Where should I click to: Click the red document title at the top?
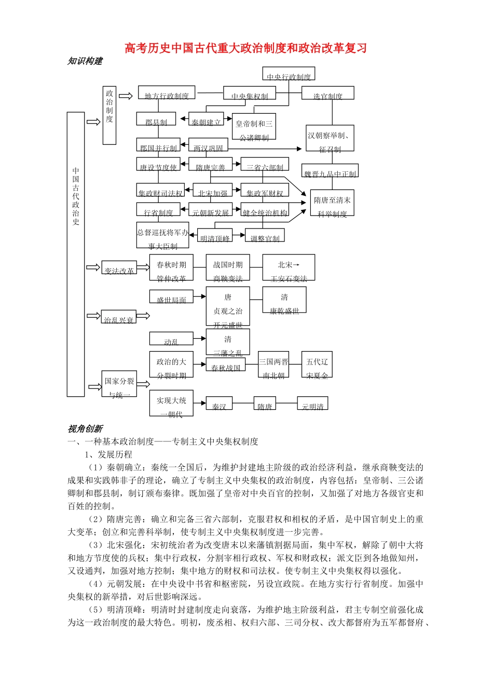coord(246,48)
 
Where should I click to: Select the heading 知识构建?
coord(85,61)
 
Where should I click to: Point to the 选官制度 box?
coord(328,93)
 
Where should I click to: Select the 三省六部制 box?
coord(265,165)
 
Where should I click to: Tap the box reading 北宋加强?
coord(213,191)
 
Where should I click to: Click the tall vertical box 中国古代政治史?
coord(76,254)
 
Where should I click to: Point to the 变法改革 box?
coord(119,268)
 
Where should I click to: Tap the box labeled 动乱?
coord(171,339)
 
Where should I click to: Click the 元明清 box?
coord(312,404)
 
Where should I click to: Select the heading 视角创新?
coord(85,429)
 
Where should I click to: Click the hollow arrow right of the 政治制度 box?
coord(126,96)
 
